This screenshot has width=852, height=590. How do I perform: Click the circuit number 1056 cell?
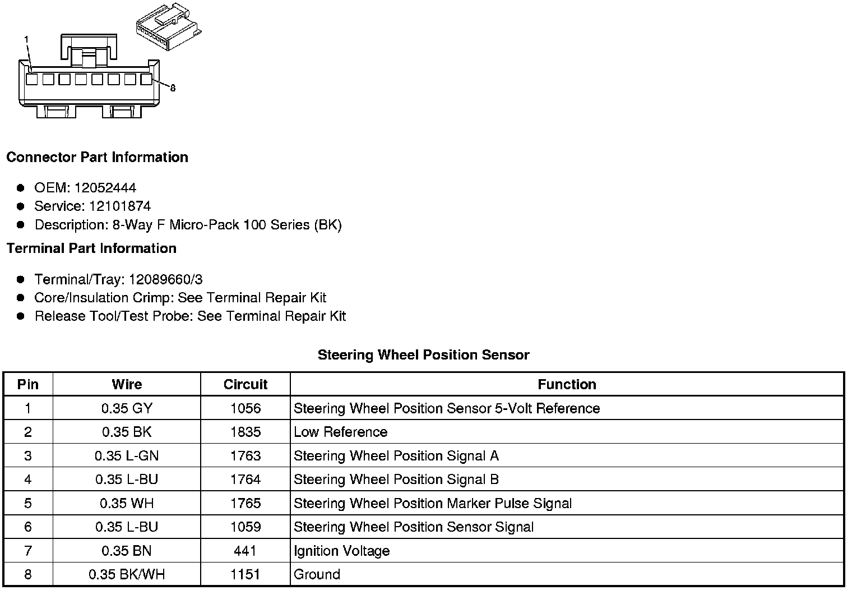click(x=246, y=408)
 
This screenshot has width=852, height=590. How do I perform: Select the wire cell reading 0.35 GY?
click(x=127, y=408)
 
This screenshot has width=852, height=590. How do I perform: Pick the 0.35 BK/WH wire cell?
click(x=127, y=574)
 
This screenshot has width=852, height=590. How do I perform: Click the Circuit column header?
click(x=246, y=384)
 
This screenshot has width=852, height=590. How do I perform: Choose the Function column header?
click(x=567, y=384)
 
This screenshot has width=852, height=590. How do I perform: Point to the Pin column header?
click(x=28, y=384)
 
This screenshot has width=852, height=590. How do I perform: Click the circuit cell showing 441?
click(x=246, y=551)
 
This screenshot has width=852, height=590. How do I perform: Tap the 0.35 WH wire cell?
click(x=127, y=503)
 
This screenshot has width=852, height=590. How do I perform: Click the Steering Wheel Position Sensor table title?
click(x=423, y=354)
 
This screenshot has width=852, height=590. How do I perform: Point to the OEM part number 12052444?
click(x=105, y=188)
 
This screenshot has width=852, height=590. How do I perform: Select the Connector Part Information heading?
click(x=97, y=157)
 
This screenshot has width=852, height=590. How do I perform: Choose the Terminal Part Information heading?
click(x=91, y=248)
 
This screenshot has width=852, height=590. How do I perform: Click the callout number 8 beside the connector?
click(x=173, y=88)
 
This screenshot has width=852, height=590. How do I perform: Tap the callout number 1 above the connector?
click(x=26, y=39)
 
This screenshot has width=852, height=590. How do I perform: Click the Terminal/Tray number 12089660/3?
click(x=166, y=279)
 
